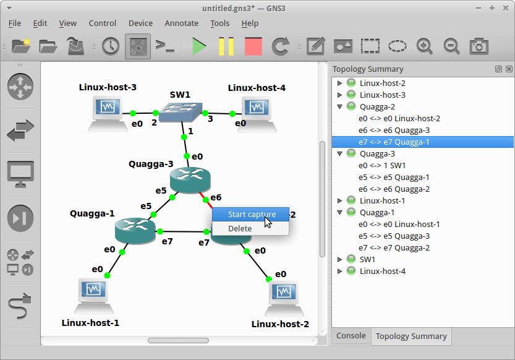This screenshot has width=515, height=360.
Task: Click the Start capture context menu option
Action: tap(251, 215)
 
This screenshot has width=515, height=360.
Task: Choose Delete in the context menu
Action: tap(240, 228)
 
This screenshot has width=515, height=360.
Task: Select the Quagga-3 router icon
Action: tap(190, 180)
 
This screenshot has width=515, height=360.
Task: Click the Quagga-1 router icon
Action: tap(135, 230)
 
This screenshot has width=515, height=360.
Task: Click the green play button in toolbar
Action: tap(199, 46)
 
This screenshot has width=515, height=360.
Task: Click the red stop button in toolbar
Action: tap(253, 46)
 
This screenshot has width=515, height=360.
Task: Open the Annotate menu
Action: tap(181, 24)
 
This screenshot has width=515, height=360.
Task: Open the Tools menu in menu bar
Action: tap(219, 24)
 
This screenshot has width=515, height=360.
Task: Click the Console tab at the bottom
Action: tap(351, 336)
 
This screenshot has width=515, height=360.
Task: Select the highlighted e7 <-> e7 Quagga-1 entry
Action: tap(394, 142)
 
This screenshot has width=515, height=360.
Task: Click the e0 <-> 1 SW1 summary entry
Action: tap(381, 166)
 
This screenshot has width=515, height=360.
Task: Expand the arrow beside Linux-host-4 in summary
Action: tap(339, 272)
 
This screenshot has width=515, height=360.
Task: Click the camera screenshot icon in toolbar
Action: tap(479, 46)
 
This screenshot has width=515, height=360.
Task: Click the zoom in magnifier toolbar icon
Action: tap(424, 46)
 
